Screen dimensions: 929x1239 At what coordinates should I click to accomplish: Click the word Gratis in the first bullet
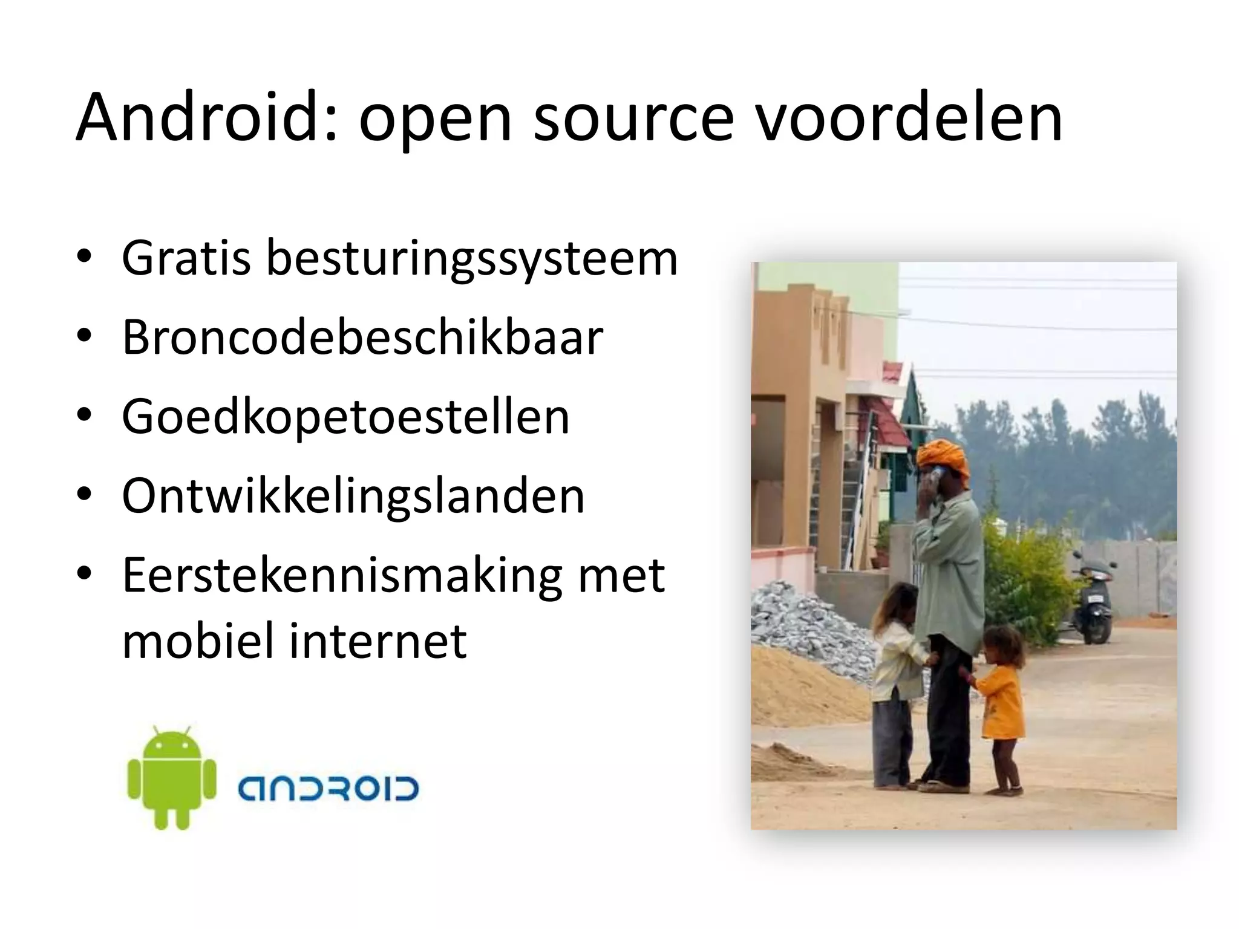click(x=186, y=258)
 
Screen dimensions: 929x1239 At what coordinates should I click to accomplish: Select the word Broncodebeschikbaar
click(x=362, y=337)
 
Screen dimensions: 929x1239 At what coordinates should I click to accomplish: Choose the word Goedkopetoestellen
click(x=345, y=418)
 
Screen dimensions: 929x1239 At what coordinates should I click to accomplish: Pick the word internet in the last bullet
click(x=378, y=641)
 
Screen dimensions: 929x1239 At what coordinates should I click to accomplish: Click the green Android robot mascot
click(x=172, y=777)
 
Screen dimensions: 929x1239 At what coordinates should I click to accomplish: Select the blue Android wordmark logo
click(x=327, y=789)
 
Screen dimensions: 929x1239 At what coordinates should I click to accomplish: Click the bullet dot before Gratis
click(x=84, y=256)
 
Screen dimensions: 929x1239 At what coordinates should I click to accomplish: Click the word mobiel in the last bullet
click(x=197, y=641)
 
